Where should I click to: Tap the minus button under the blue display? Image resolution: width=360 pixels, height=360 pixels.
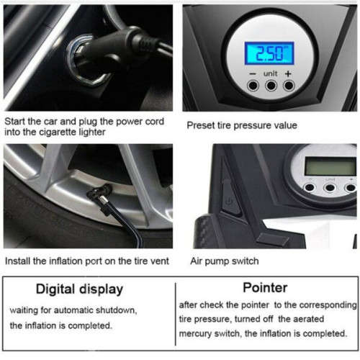(x=253, y=86)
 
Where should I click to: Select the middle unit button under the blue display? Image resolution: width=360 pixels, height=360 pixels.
(x=271, y=86)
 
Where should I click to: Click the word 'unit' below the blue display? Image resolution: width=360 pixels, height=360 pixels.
(x=271, y=73)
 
